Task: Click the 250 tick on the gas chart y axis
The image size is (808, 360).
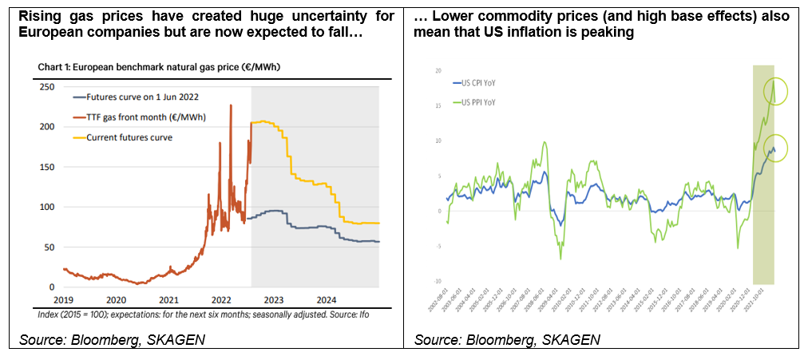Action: point(48,87)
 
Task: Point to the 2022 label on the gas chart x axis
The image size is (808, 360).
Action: point(221,300)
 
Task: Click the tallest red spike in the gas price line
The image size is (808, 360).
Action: point(231,105)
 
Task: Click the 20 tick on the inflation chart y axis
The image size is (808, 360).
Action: point(438,71)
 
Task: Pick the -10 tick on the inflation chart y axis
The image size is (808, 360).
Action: point(438,282)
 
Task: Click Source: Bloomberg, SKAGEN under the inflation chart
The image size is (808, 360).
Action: point(506,340)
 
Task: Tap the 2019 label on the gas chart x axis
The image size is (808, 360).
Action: point(64,300)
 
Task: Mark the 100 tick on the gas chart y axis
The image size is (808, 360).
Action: point(48,207)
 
